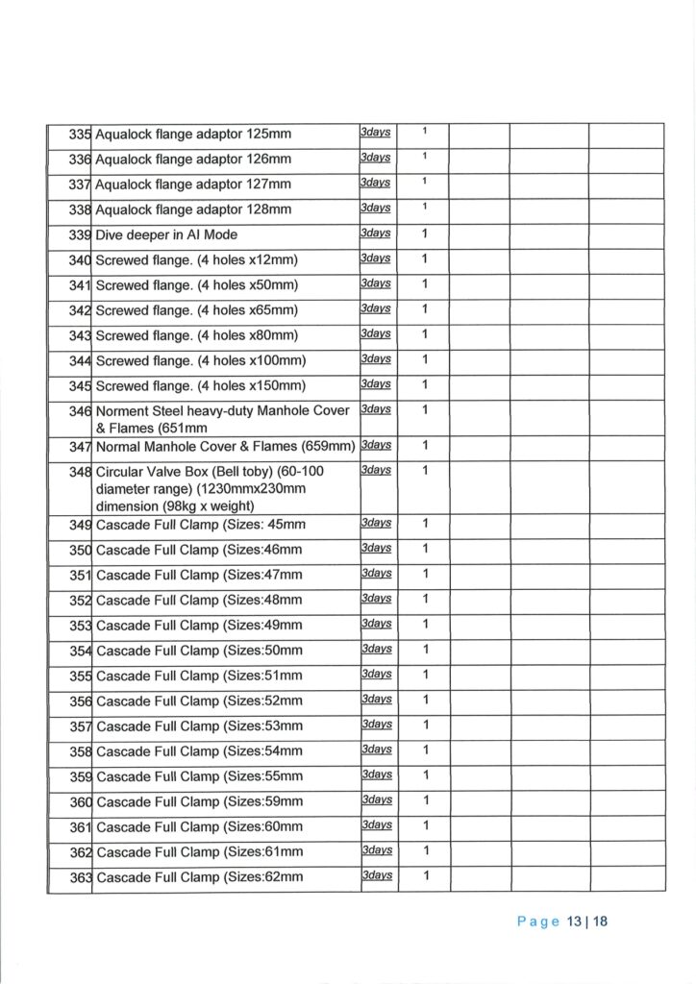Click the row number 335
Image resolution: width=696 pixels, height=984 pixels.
pyautogui.click(x=79, y=134)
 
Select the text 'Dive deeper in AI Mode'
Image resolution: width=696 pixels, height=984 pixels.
pyautogui.click(x=166, y=234)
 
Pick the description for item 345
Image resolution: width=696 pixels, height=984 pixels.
pyautogui.click(x=200, y=386)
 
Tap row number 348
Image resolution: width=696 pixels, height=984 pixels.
pyautogui.click(x=80, y=473)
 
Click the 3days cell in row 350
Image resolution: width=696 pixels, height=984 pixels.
pyautogui.click(x=376, y=549)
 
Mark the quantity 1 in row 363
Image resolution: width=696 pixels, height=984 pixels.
pyautogui.click(x=425, y=875)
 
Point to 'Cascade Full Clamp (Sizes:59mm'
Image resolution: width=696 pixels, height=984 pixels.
pyautogui.click(x=199, y=801)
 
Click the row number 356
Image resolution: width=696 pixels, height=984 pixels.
pyautogui.click(x=80, y=701)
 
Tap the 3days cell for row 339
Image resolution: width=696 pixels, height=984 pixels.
pyautogui.click(x=376, y=234)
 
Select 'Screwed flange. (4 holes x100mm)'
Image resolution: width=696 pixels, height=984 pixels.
pyautogui.click(x=200, y=360)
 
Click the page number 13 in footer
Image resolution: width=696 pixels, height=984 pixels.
pyautogui.click(x=575, y=922)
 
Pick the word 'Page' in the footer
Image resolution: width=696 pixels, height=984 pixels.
pyautogui.click(x=537, y=922)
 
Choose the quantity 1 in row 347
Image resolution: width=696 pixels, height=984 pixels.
pyautogui.click(x=425, y=446)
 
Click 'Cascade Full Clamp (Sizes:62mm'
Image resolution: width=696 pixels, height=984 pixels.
pyautogui.click(x=199, y=876)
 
